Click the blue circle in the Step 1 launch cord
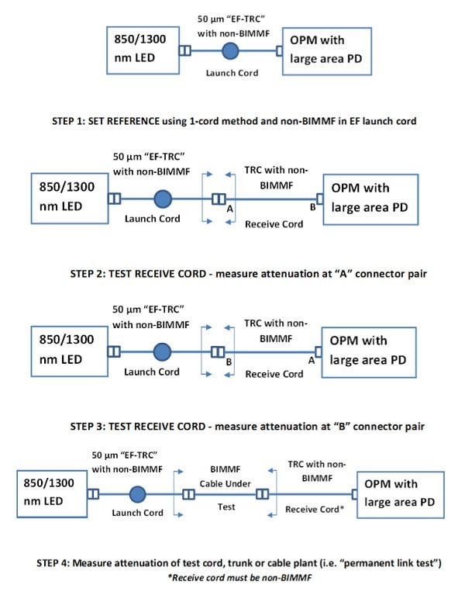click(x=230, y=51)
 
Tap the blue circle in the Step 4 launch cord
click(x=138, y=494)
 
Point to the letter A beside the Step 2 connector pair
click(x=229, y=209)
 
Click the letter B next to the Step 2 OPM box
click(x=312, y=207)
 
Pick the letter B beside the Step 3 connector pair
click(x=229, y=362)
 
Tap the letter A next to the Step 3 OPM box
click(x=312, y=361)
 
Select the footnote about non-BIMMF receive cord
click(x=240, y=578)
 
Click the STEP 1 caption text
click(x=234, y=121)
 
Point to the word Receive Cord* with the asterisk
click(x=315, y=509)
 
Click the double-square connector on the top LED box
click(x=185, y=50)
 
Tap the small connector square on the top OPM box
click(x=279, y=51)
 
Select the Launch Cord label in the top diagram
click(x=232, y=73)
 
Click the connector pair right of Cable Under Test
click(x=262, y=494)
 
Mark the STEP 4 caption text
click(x=239, y=563)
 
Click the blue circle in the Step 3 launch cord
click(x=162, y=351)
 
